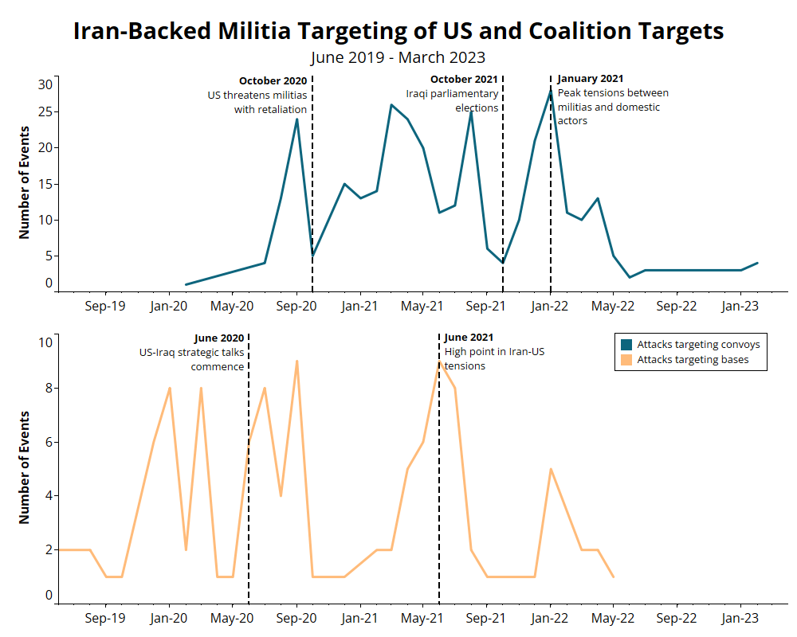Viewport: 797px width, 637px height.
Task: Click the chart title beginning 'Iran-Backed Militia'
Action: pyautogui.click(x=398, y=31)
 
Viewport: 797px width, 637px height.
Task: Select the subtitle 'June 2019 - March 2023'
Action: pyautogui.click(x=398, y=57)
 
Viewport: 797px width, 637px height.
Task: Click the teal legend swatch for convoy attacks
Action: pyautogui.click(x=626, y=345)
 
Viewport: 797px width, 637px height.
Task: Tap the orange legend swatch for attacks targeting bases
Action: pyautogui.click(x=626, y=361)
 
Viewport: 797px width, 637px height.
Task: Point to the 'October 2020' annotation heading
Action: pyautogui.click(x=273, y=80)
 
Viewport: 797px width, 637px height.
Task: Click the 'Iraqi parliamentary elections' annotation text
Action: pyautogui.click(x=452, y=101)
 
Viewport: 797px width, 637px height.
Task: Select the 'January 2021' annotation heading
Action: pyautogui.click(x=590, y=79)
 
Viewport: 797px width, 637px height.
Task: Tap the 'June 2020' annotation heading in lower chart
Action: pyautogui.click(x=219, y=338)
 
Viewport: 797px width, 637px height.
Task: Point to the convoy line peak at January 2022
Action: pyautogui.click(x=551, y=91)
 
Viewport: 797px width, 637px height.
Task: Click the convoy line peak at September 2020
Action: pyautogui.click(x=296, y=119)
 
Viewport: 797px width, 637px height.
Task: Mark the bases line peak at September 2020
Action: pyautogui.click(x=296, y=361)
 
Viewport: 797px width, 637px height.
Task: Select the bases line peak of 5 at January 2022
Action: pyautogui.click(x=551, y=469)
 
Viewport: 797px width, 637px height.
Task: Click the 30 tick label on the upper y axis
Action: pyautogui.click(x=45, y=84)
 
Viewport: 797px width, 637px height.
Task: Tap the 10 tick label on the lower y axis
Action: pyautogui.click(x=45, y=342)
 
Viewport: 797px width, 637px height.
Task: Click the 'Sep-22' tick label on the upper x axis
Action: pyautogui.click(x=677, y=306)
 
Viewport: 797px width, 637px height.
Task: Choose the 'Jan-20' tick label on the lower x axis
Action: pyautogui.click(x=169, y=617)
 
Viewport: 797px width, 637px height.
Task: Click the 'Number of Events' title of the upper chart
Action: pyautogui.click(x=24, y=182)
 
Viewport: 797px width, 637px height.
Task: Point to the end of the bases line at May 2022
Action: pyautogui.click(x=614, y=576)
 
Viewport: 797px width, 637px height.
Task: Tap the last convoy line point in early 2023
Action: pyautogui.click(x=757, y=263)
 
